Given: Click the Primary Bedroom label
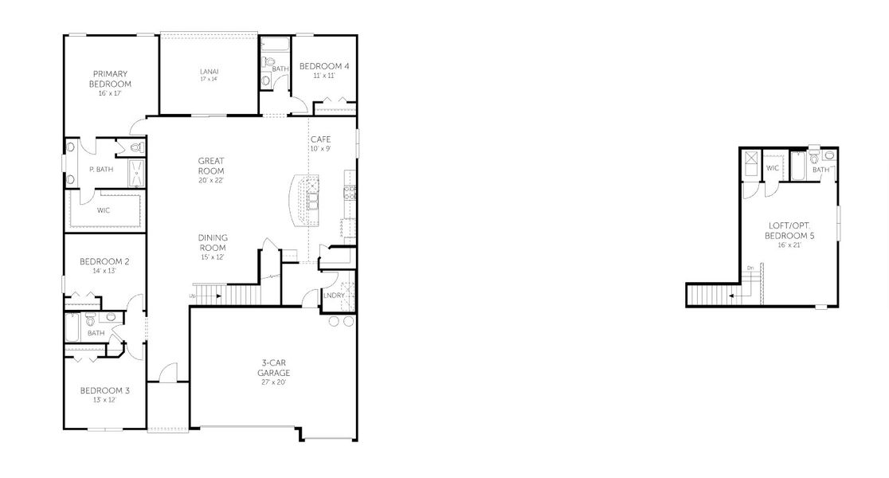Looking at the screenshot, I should pyautogui.click(x=111, y=79).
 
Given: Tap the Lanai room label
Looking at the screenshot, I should pyautogui.click(x=209, y=72).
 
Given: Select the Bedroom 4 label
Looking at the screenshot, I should pyautogui.click(x=324, y=66).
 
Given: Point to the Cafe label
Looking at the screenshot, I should pyautogui.click(x=320, y=139).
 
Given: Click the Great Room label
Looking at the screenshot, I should pyautogui.click(x=211, y=166).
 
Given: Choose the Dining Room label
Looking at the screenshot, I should pyautogui.click(x=213, y=242).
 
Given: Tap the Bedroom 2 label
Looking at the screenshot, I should pyautogui.click(x=104, y=261).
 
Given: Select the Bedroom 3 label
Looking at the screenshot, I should pyautogui.click(x=104, y=390).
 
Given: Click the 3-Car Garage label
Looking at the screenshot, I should pyautogui.click(x=273, y=367).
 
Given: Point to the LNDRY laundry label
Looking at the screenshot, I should pyautogui.click(x=334, y=296).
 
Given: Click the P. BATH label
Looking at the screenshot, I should pyautogui.click(x=101, y=170).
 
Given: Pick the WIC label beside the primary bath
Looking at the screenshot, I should pyautogui.click(x=104, y=210).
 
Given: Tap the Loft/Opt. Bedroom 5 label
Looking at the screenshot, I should pyautogui.click(x=789, y=231).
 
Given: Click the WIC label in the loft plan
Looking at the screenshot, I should pyautogui.click(x=773, y=168).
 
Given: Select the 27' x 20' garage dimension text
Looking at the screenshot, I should pyautogui.click(x=273, y=382).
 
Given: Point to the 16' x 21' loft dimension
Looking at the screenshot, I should pyautogui.click(x=789, y=245).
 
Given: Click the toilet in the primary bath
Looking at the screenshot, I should pyautogui.click(x=135, y=147).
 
